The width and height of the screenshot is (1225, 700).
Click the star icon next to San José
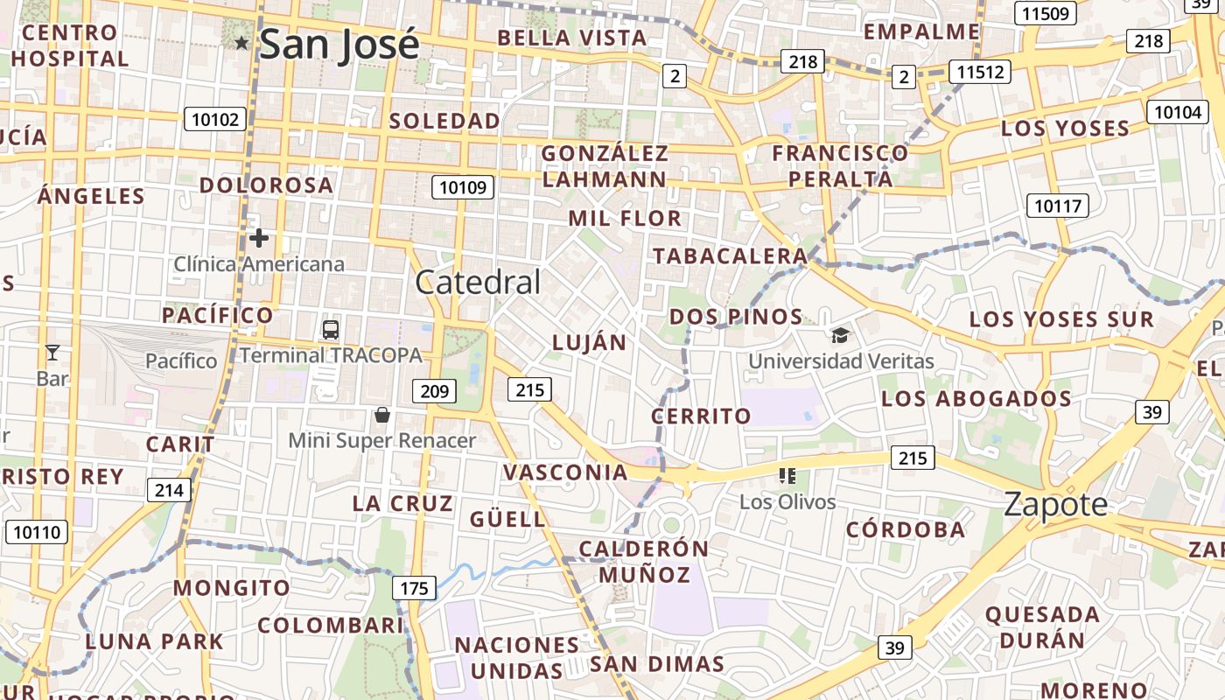[x=242, y=43]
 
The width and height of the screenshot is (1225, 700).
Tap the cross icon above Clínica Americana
[x=258, y=237]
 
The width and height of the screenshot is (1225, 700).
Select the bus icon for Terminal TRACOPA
[x=331, y=330]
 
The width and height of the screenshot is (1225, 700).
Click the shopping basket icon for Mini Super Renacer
[x=381, y=414]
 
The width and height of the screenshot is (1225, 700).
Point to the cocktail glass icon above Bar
[x=52, y=353]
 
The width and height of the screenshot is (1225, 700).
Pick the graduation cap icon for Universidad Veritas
[x=840, y=335]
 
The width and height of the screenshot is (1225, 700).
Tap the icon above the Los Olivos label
[x=787, y=476]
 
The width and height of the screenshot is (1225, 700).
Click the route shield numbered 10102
[x=214, y=119]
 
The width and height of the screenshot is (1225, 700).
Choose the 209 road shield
[x=435, y=390]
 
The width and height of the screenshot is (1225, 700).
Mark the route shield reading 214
[x=169, y=489]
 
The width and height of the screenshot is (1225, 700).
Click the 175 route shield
[x=414, y=587]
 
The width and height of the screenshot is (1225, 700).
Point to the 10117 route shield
[x=1058, y=206]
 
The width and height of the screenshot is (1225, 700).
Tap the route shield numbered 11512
[x=980, y=72]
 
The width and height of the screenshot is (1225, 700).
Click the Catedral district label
[x=478, y=282]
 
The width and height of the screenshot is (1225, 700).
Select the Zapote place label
[x=1055, y=504]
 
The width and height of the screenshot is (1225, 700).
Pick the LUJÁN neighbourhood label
[x=590, y=343]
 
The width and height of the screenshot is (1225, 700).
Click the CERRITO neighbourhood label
[x=702, y=416]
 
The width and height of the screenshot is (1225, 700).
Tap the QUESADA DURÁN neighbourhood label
[x=1042, y=626]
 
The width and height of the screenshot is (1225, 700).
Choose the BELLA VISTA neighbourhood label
[x=572, y=38]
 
